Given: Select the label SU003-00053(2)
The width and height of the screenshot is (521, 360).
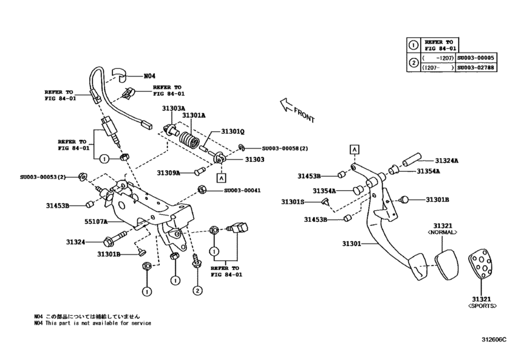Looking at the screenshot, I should click(48, 176).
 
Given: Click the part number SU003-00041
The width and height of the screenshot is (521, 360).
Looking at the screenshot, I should click(242, 190).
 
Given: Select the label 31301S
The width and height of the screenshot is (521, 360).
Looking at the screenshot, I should click(294, 202).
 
